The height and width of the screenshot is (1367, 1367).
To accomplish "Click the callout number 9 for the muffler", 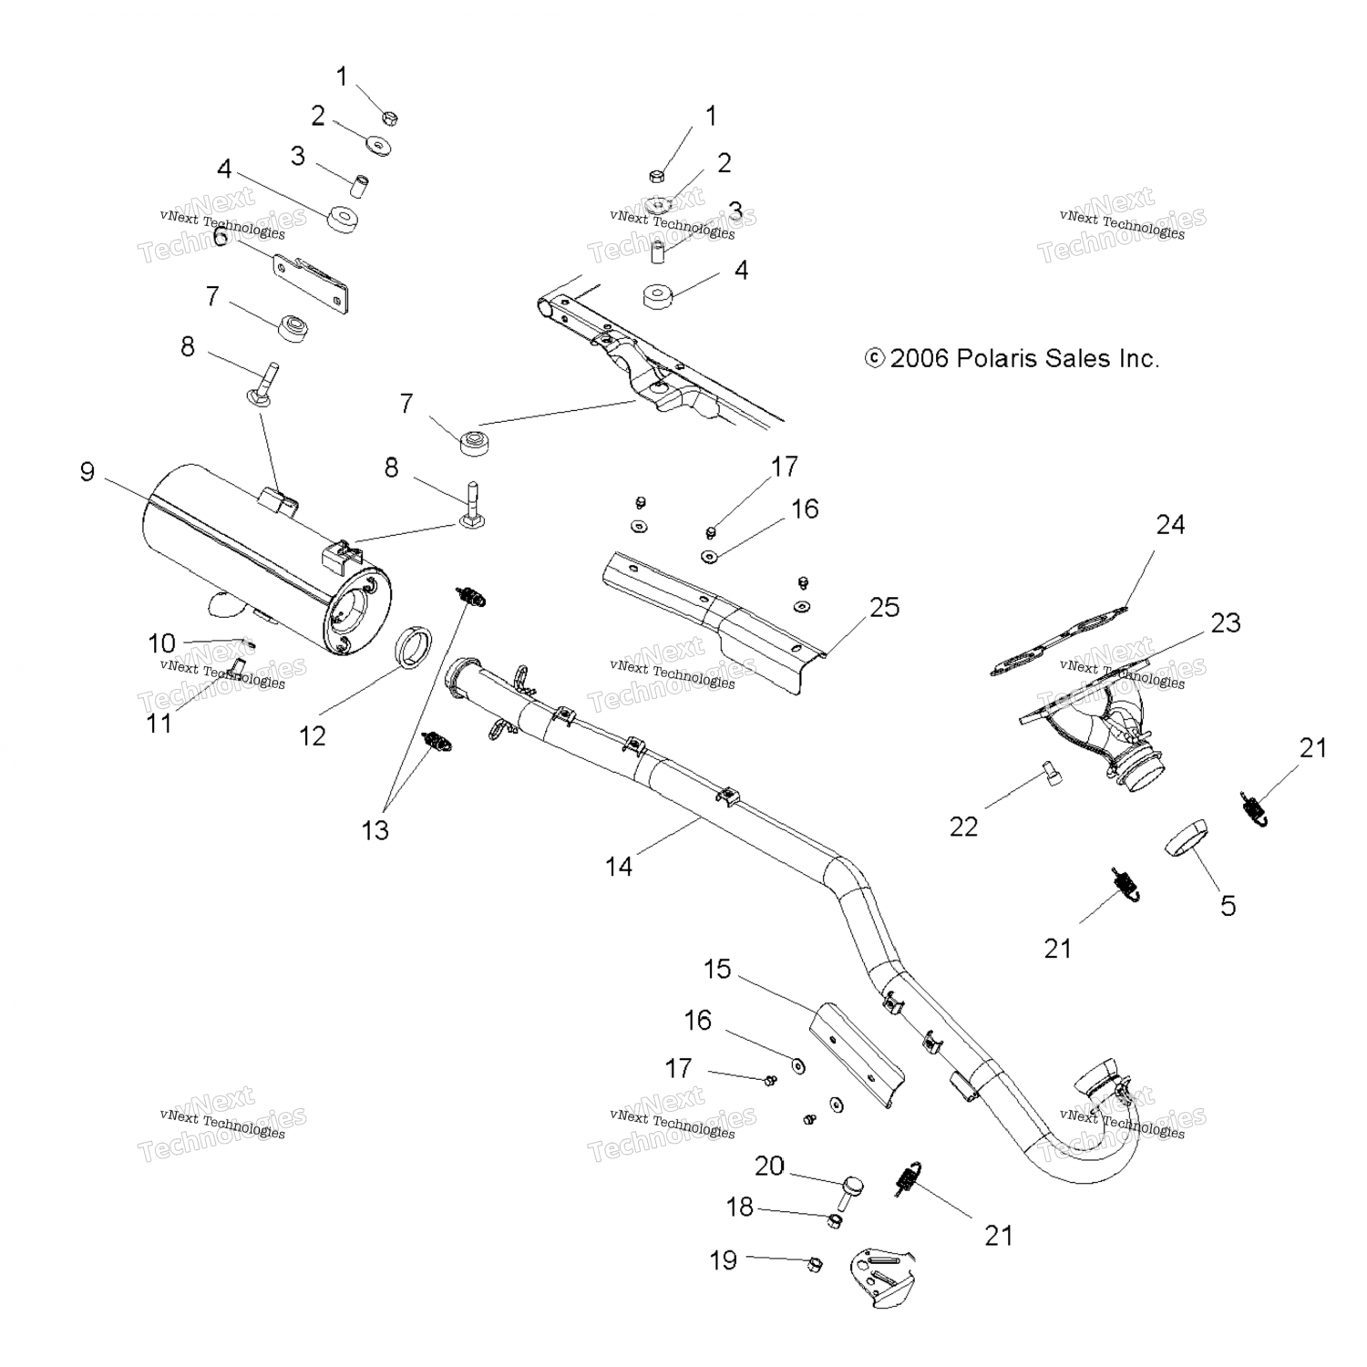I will click(87, 471).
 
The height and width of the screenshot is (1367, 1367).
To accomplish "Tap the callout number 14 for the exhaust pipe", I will click(619, 866).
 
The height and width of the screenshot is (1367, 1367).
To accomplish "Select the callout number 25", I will click(884, 607).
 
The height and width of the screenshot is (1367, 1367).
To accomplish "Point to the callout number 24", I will click(1170, 525).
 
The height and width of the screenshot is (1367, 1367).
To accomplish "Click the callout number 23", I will click(1226, 623).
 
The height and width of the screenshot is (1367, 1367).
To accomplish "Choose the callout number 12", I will click(313, 735).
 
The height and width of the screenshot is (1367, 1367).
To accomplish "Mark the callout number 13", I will click(375, 830).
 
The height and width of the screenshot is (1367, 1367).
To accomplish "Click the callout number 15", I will click(717, 969).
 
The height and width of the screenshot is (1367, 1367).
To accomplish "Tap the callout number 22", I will click(963, 827).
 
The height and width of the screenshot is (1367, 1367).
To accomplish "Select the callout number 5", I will click(1228, 905).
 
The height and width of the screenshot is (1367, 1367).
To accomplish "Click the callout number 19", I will click(724, 1260).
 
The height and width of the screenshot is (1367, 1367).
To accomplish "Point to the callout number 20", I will click(769, 1166).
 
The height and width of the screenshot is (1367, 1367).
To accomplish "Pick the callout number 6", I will click(220, 237).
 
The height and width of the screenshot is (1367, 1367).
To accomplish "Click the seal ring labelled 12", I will click(417, 646).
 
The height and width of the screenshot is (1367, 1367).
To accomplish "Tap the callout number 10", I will click(161, 642).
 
